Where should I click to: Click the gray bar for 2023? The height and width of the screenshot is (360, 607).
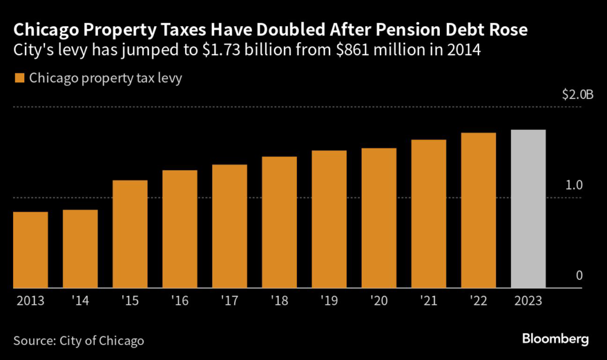528,209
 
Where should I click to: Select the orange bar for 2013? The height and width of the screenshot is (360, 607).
30,250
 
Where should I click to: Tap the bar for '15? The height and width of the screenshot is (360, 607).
130,234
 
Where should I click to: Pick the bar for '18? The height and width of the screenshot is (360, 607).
279,222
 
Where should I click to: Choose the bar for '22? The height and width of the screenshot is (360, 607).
478,211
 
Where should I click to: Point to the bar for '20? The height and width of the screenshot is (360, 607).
379,218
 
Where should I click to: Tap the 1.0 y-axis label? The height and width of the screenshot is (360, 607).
574,185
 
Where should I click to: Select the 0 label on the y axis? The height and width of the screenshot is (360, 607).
580,276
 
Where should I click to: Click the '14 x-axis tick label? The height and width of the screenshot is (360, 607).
80,301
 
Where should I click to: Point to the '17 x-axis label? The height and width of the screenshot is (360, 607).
229,301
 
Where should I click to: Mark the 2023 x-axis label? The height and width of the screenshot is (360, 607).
528,301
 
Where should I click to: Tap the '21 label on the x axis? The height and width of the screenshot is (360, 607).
429,301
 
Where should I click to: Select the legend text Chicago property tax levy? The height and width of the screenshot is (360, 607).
106,78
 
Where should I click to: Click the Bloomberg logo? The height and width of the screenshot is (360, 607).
555,339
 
